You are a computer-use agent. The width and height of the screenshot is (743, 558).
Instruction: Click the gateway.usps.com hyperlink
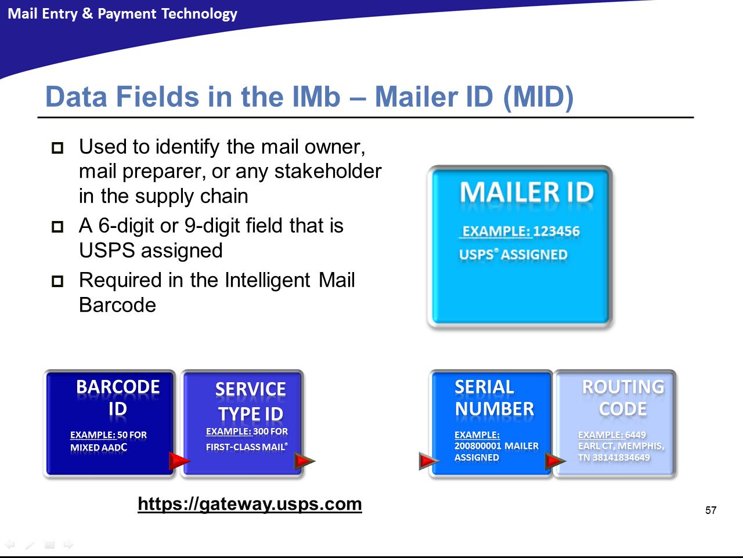[x=250, y=505]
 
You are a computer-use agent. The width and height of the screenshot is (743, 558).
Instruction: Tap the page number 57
[x=710, y=510]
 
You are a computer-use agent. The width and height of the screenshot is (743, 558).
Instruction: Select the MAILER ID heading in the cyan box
[x=526, y=193]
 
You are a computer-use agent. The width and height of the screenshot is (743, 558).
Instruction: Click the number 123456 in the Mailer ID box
[x=556, y=231]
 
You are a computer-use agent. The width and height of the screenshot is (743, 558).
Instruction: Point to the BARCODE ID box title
[x=118, y=398]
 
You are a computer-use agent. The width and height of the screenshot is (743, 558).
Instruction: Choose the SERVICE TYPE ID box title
[x=251, y=401]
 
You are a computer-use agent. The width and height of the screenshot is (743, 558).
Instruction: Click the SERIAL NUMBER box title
[x=494, y=398]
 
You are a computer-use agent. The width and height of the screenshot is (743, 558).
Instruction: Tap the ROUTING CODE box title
[x=623, y=398]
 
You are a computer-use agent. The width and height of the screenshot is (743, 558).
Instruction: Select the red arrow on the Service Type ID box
[x=304, y=461]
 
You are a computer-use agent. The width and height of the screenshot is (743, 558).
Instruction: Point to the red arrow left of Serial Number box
[x=429, y=461]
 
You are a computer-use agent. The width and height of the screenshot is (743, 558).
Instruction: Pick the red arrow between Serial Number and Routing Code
[x=555, y=461]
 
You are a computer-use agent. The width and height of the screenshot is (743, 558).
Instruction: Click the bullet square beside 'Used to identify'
[x=57, y=148]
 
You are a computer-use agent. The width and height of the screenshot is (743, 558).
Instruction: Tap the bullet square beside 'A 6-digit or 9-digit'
[x=57, y=227]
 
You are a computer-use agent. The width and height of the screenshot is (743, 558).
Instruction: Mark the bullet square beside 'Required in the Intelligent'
[x=57, y=281]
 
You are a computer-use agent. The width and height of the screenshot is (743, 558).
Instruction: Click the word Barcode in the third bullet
[x=117, y=305]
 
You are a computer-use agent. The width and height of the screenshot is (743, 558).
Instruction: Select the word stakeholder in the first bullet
[x=327, y=171]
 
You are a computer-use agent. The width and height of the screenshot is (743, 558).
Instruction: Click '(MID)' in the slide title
[x=539, y=97]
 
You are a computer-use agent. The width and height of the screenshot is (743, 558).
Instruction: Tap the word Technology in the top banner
[x=199, y=14]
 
